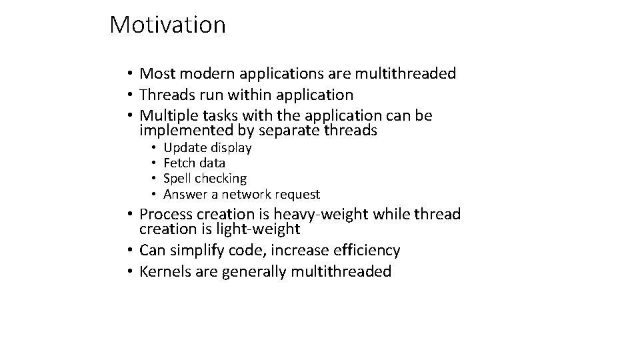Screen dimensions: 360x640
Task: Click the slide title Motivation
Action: (x=167, y=25)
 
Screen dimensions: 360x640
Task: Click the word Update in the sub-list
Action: (x=185, y=148)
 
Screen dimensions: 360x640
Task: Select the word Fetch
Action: (x=179, y=163)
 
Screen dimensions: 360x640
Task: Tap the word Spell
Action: (x=177, y=179)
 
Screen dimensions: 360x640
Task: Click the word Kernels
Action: (x=167, y=272)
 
